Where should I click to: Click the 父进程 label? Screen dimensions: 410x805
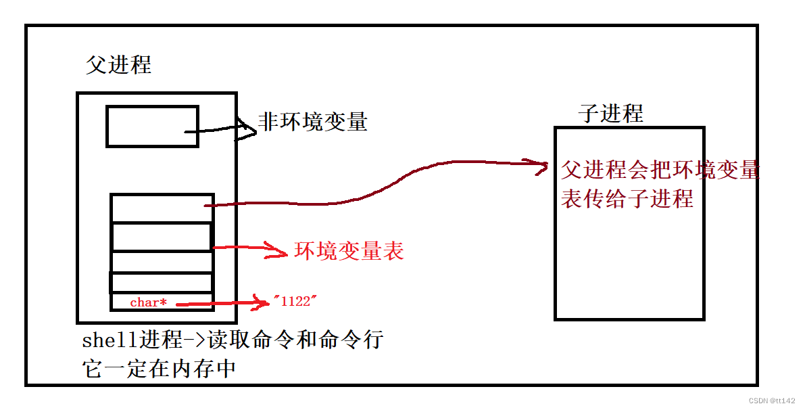[x=118, y=64]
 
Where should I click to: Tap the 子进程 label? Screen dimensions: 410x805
[x=611, y=113]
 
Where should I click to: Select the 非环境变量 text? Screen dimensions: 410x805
[x=313, y=122]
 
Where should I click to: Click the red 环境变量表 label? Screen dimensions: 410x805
[x=349, y=251]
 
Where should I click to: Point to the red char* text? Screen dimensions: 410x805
[x=148, y=302]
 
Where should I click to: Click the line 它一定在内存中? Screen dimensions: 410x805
[x=159, y=369]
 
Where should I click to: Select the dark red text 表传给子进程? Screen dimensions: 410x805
[x=627, y=199]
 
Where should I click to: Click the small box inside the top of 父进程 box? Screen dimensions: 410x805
[x=152, y=126]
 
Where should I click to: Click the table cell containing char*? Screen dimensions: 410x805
[x=162, y=302]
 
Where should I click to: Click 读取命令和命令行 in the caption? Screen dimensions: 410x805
[x=295, y=340]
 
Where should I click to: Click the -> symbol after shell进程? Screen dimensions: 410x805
[x=193, y=340]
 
